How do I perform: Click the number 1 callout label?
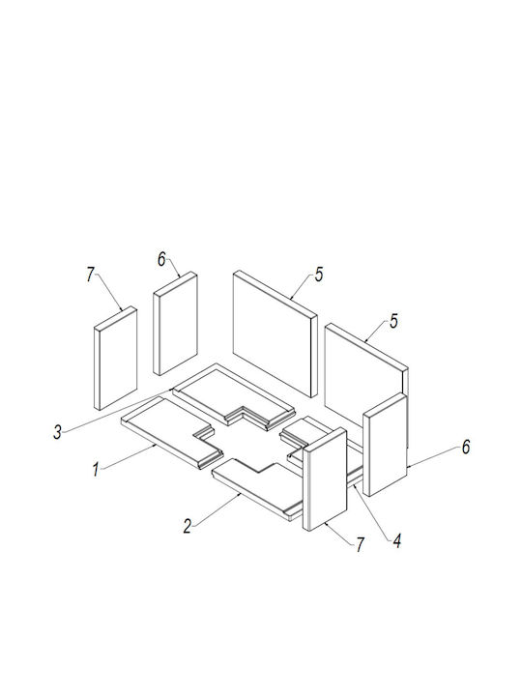[96, 470]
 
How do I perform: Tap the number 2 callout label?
[188, 527]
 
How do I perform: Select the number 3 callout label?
[57, 432]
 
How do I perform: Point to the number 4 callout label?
[397, 541]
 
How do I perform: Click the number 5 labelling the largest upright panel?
[319, 275]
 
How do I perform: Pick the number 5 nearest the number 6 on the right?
[394, 322]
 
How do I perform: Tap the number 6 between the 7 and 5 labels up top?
[161, 260]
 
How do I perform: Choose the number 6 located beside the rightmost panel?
[466, 447]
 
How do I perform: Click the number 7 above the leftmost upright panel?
[91, 275]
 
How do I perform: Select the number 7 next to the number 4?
[360, 544]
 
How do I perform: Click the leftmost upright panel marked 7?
[115, 359]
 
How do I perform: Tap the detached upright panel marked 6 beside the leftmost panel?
[175, 324]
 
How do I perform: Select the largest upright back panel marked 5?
[275, 333]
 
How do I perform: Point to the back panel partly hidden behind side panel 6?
[366, 381]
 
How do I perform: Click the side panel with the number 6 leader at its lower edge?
[385, 445]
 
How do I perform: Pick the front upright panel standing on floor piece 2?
[325, 479]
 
